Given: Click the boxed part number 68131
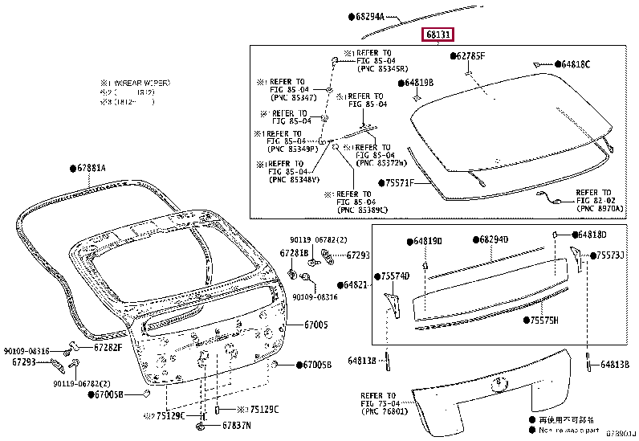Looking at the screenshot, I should click(x=439, y=35).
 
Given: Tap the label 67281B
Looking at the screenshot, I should click(x=294, y=253).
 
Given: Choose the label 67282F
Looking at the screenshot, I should click(x=106, y=347).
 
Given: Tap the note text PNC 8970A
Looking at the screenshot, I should click(x=598, y=208).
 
